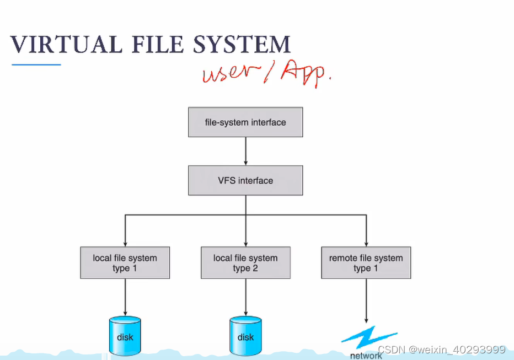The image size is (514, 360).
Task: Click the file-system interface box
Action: click(x=245, y=122)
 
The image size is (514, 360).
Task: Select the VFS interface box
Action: click(x=245, y=180)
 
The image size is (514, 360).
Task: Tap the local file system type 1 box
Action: click(x=125, y=263)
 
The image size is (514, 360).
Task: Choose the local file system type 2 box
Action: click(x=245, y=263)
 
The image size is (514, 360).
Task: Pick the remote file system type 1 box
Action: click(x=366, y=263)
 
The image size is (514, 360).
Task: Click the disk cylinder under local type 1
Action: click(x=125, y=336)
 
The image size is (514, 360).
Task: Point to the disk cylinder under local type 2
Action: click(x=245, y=336)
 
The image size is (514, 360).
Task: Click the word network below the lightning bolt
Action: click(x=366, y=356)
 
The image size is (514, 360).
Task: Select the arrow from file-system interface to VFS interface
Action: click(x=245, y=151)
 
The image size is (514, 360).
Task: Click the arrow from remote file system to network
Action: click(x=366, y=300)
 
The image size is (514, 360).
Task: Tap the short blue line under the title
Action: click(x=36, y=65)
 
